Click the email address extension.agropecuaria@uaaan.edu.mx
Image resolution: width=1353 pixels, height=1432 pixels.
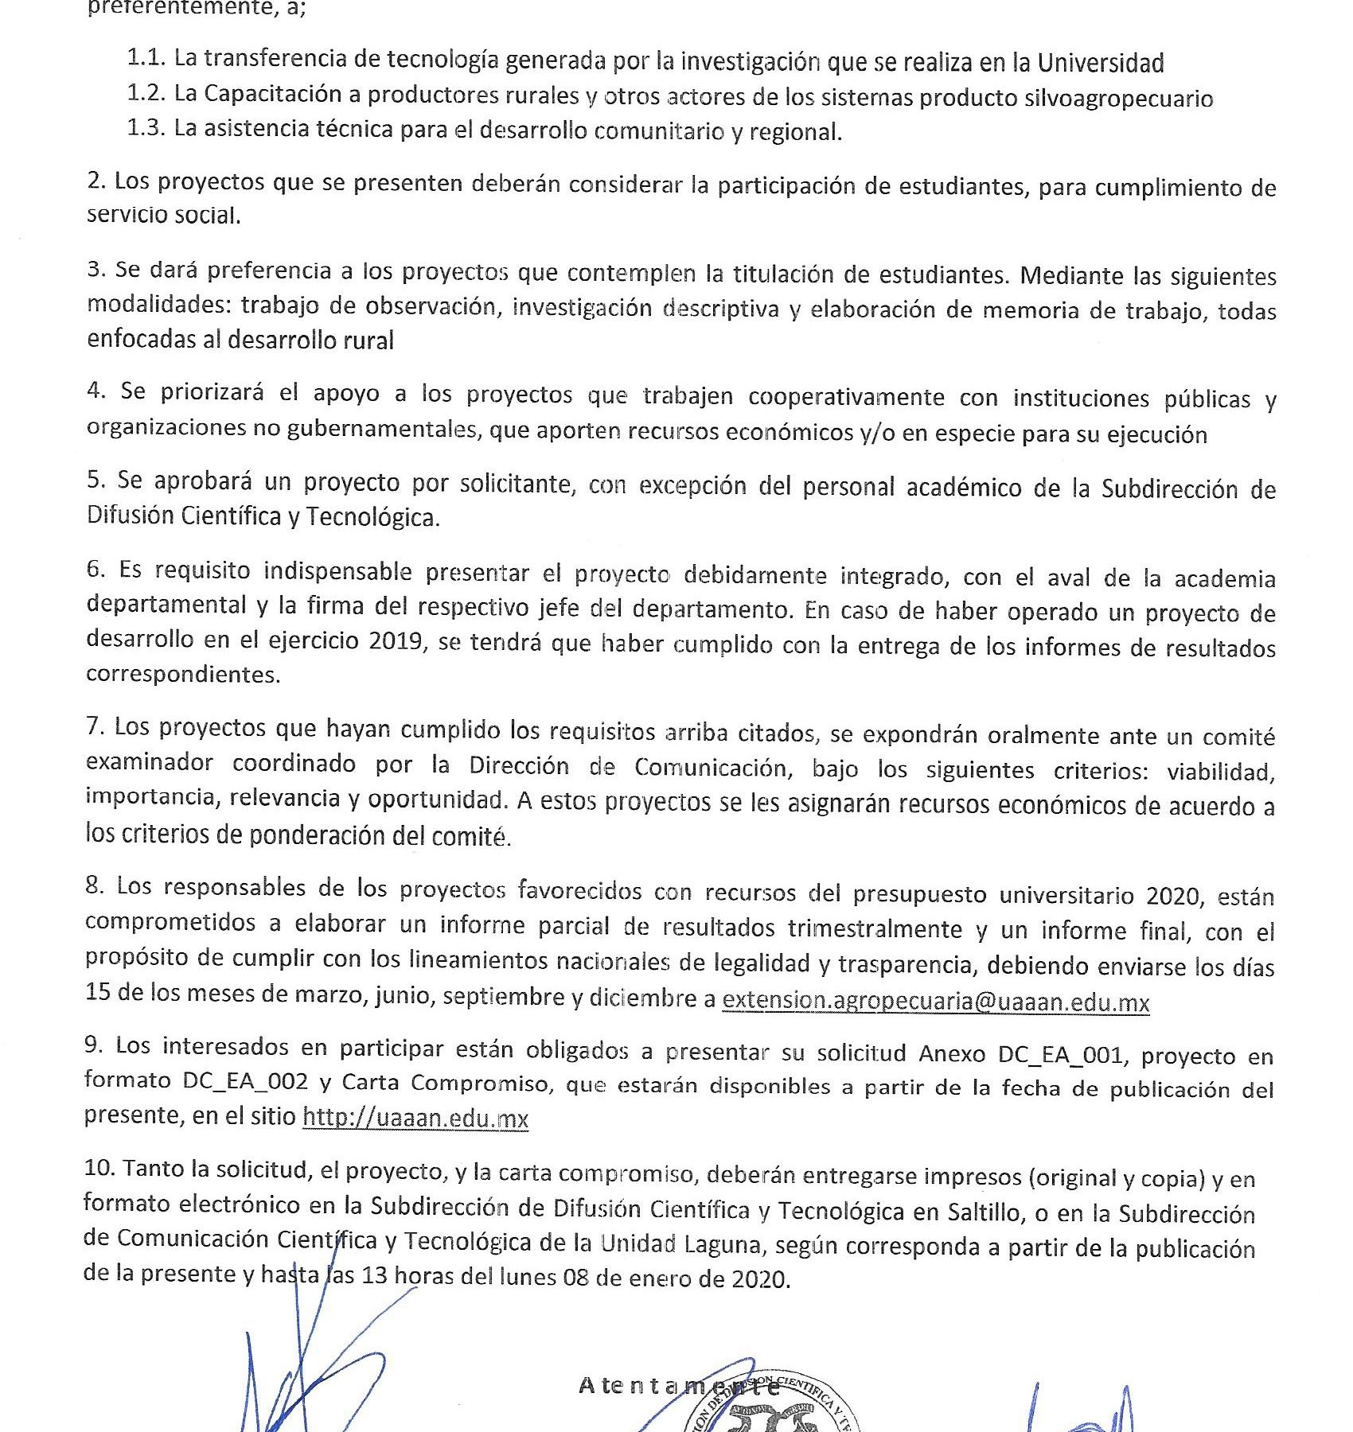pyautogui.click(x=935, y=1002)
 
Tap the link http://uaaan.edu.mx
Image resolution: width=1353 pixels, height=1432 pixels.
pyautogui.click(x=415, y=1118)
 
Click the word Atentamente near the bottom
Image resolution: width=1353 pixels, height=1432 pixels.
pyautogui.click(x=679, y=1386)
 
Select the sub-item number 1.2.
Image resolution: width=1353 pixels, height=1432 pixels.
pyautogui.click(x=146, y=94)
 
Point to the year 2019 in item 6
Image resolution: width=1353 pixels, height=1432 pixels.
pyautogui.click(x=395, y=641)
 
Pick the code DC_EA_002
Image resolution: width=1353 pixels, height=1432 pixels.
pyautogui.click(x=244, y=1081)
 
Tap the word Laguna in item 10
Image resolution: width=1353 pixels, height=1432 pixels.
pyautogui.click(x=722, y=1243)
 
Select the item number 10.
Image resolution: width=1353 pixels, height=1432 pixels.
pyautogui.click(x=99, y=1168)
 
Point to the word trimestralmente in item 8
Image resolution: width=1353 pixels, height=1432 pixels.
pyautogui.click(x=875, y=929)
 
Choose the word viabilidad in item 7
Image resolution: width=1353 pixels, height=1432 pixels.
pyautogui.click(x=1220, y=772)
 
